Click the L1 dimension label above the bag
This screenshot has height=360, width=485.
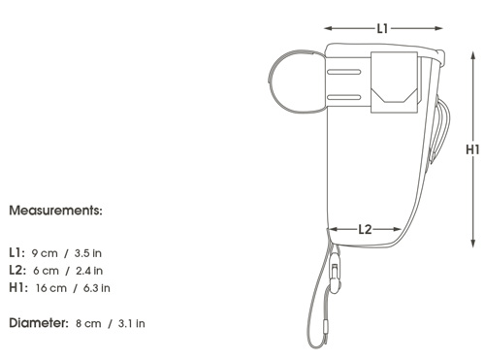tap(382, 29)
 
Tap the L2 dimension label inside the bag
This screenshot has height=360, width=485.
tap(365, 230)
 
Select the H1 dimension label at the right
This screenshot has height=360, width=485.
tap(472, 149)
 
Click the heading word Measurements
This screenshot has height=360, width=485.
tap(55, 211)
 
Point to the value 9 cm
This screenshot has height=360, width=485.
tap(45, 253)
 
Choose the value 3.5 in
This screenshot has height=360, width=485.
tap(88, 253)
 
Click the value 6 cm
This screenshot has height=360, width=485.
tap(46, 271)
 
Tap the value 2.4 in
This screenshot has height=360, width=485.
tap(89, 271)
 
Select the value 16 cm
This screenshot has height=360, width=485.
tap(51, 288)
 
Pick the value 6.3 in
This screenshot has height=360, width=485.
tap(97, 288)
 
